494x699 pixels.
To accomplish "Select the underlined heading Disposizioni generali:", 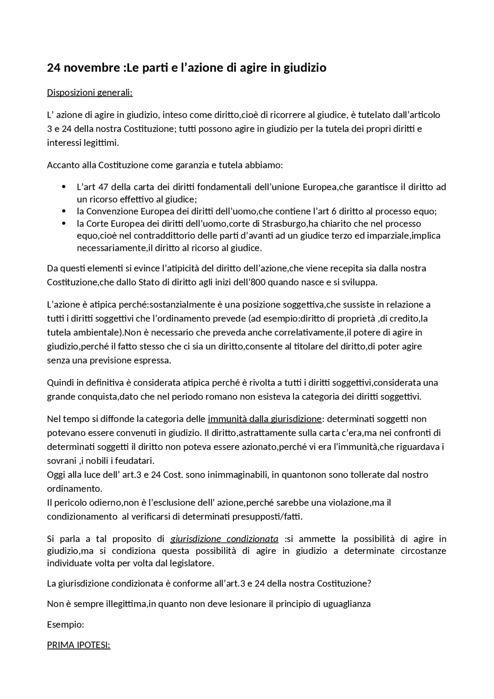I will click(x=90, y=93).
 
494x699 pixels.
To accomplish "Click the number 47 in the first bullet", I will click(x=103, y=187).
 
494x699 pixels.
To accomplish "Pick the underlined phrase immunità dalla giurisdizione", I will click(x=264, y=419).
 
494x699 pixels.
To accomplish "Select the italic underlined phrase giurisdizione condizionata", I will click(x=224, y=539).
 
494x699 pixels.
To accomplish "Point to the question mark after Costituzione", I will click(x=369, y=584).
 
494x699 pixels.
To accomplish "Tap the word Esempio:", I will click(x=65, y=625).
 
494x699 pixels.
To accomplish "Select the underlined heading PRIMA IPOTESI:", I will click(x=79, y=645).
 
